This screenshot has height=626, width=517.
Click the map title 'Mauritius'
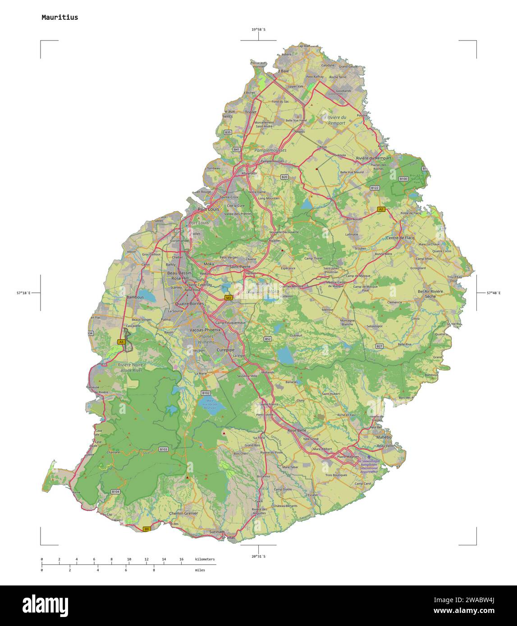59,18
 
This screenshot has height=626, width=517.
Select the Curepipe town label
225,350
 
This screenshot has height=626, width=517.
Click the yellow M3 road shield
229,298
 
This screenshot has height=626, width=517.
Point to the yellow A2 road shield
381,209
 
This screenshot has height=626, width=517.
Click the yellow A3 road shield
121,342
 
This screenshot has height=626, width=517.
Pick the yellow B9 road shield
146,529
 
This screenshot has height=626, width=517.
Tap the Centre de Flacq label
400,238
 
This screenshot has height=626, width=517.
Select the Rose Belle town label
297,430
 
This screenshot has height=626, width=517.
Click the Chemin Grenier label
183,513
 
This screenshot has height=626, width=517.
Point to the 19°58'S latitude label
258,30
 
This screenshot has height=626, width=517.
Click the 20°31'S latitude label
258,557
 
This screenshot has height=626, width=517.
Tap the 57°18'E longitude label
23,293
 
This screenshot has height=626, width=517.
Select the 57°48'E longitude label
493,293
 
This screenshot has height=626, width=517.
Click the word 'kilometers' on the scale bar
205,559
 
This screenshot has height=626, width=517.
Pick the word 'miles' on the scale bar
200,570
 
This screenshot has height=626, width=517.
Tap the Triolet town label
251,112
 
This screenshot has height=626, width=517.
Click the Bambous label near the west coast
135,297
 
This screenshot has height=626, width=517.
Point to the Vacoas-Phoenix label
205,330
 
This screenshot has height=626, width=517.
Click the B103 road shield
163,449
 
